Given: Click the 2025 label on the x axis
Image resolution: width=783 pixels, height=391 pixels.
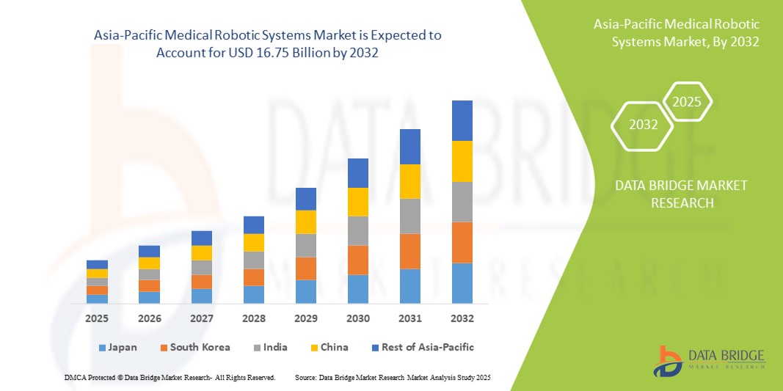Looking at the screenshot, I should [x=97, y=319].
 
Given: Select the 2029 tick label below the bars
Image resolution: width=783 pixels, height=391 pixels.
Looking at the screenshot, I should [x=306, y=319].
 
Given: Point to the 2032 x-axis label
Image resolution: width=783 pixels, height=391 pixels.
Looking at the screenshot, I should [x=462, y=319].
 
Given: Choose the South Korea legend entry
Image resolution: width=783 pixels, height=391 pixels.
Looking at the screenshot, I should [x=194, y=347].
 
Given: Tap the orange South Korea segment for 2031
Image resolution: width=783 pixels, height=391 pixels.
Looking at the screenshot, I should [x=410, y=251].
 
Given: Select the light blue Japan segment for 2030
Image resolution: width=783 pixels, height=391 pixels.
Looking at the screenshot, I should [x=358, y=289].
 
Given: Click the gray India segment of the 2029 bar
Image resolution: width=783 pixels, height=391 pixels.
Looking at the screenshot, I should [x=306, y=245].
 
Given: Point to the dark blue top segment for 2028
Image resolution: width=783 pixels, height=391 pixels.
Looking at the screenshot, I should [x=254, y=224].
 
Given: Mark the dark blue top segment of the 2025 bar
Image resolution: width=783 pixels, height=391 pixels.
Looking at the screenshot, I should [x=97, y=264].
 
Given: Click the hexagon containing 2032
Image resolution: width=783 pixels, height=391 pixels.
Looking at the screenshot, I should [x=643, y=125].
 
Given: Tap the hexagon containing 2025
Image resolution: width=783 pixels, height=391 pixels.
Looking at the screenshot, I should [x=687, y=102].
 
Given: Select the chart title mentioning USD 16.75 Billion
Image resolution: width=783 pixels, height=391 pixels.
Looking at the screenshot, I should [x=269, y=44].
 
